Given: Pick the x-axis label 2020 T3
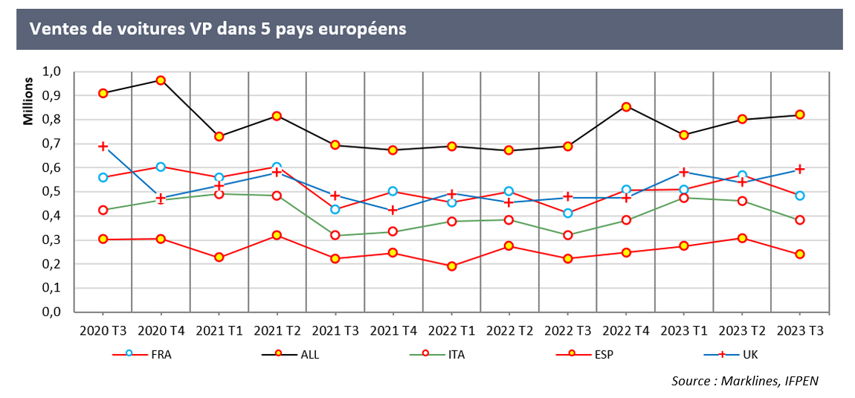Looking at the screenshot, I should point(103,329).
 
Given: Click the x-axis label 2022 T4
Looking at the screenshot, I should point(627,329).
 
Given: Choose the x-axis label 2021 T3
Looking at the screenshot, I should point(335,329).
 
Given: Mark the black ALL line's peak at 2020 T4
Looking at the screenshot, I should point(161,80).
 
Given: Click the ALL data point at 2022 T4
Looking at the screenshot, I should point(627,107).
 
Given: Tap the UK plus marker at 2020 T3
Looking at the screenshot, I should point(103,147).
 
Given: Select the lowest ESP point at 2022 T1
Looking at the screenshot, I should point(452,266).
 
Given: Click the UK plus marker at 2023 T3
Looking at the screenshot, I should point(801,170).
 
